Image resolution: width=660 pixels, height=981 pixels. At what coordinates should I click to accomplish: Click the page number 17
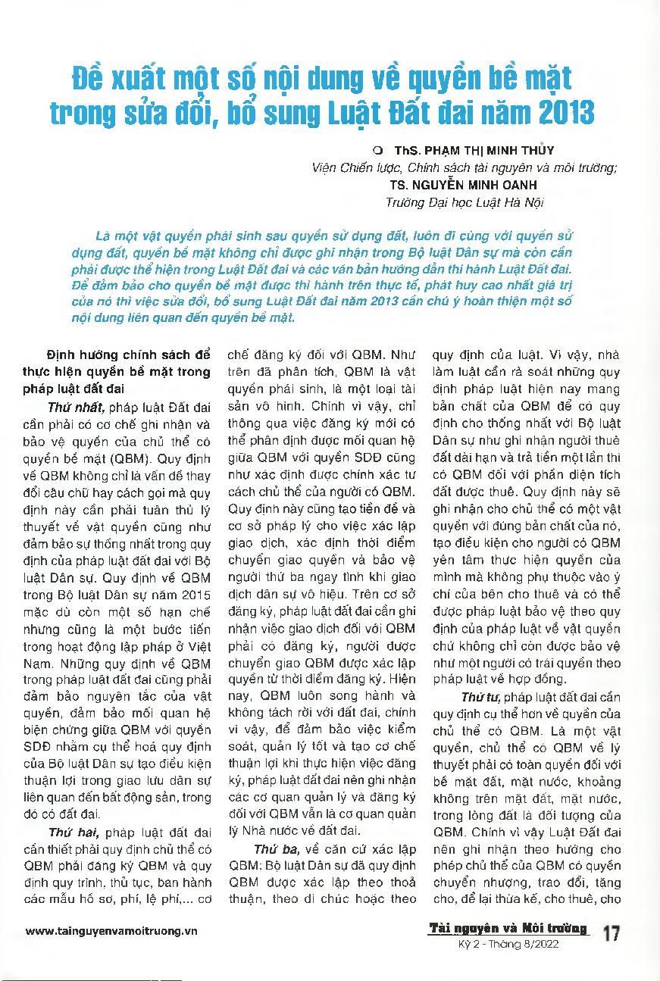coord(612,933)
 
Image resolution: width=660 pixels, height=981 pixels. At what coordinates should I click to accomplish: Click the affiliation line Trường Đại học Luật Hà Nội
coord(465,202)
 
